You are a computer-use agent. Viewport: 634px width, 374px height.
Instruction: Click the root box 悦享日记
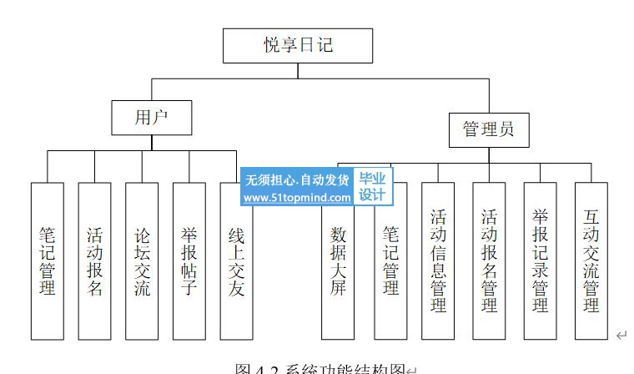click(297, 46)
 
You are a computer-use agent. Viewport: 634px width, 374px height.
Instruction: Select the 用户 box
click(151, 118)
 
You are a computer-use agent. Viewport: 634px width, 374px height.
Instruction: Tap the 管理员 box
click(488, 129)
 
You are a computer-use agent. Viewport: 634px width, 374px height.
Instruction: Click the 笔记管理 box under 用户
click(47, 260)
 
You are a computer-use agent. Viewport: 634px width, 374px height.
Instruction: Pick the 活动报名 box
click(94, 260)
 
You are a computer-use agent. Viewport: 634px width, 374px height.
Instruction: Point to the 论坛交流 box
click(142, 260)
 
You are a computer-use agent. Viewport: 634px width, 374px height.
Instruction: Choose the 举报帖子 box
click(189, 260)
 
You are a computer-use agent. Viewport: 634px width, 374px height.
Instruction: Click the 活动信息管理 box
click(438, 260)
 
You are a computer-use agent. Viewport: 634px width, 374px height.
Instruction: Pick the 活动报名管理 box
click(489, 260)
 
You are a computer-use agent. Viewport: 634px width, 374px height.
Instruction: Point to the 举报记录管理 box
click(540, 260)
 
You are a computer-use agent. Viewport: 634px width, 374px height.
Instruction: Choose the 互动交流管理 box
click(591, 260)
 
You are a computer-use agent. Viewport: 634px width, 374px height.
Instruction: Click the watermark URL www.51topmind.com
click(297, 198)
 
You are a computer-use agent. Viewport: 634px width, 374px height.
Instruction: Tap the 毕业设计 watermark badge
click(372, 186)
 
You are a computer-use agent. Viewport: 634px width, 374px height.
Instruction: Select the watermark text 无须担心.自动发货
click(297, 179)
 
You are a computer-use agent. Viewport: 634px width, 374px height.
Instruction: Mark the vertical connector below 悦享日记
click(297, 70)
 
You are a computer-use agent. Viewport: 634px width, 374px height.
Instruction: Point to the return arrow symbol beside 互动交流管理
click(621, 335)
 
